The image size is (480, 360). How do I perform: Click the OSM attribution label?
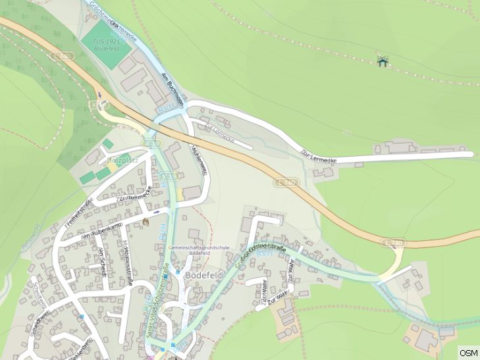click(468, 353)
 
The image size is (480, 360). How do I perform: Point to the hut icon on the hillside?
click(382, 61)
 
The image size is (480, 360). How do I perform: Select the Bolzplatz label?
click(119, 160)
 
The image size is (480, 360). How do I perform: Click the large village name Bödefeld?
click(206, 274)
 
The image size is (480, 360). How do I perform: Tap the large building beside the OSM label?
click(426, 340)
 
